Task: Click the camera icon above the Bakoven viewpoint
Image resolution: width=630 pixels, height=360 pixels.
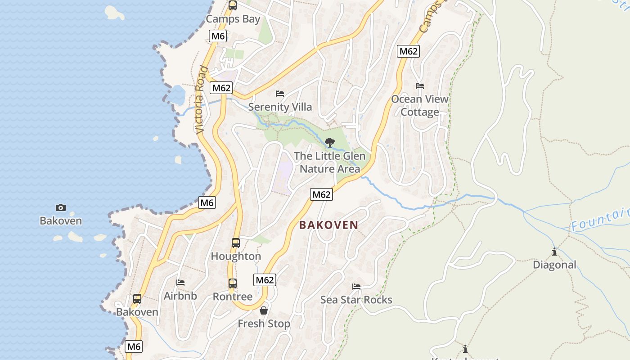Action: [61, 207]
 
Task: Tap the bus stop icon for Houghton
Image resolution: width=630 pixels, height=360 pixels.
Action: [236, 243]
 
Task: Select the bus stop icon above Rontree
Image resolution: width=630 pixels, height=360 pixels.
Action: [232, 283]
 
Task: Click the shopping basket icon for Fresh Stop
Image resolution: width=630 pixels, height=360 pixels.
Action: [264, 310]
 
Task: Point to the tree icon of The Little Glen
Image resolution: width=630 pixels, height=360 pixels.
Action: [330, 143]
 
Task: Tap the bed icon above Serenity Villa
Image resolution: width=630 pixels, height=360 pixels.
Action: [280, 94]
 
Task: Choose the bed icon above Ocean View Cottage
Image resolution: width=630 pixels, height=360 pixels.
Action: [420, 86]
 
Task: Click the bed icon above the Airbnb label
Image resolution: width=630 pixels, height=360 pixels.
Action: [180, 283]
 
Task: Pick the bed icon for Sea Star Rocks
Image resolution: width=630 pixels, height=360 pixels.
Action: [356, 287]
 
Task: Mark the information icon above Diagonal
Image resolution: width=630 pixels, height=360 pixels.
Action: [554, 252]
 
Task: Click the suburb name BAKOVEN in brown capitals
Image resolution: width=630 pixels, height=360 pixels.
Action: [329, 225]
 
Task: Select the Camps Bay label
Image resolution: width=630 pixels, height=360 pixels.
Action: [233, 19]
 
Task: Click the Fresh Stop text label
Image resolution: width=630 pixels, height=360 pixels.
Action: [264, 324]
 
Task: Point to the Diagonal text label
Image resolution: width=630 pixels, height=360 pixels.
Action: [554, 265]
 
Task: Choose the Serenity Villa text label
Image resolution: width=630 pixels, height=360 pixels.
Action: [280, 107]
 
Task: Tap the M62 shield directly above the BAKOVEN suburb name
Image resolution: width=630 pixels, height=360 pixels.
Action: [322, 194]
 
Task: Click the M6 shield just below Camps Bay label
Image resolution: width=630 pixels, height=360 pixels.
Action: [218, 36]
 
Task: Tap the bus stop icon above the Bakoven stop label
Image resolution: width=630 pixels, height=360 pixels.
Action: [137, 299]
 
